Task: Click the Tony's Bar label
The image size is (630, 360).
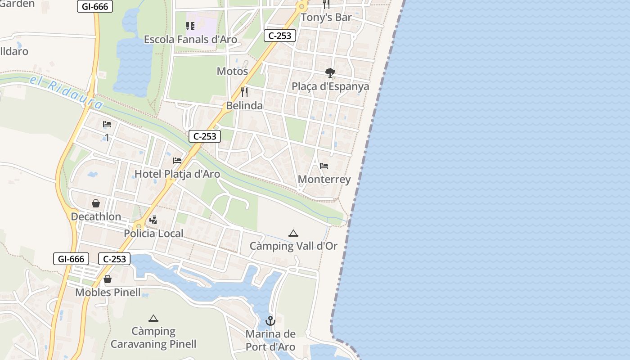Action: coord(326,18)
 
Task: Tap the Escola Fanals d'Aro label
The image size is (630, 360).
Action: coord(190,40)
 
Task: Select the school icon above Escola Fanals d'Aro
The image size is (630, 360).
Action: coord(190,26)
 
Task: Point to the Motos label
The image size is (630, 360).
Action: coord(232,71)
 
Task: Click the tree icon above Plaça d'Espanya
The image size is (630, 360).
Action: coord(330,73)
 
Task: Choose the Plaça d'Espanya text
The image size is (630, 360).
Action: coord(330,86)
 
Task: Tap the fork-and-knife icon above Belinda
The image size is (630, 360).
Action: coord(244,92)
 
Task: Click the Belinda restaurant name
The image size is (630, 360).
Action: coord(244,106)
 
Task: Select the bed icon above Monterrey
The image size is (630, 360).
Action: coord(324,166)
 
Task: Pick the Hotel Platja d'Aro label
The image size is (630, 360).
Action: coord(177,174)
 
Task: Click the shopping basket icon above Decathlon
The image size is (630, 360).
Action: coord(96,203)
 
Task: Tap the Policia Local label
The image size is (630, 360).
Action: coord(153,234)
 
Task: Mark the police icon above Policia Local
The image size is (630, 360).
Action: coord(153,220)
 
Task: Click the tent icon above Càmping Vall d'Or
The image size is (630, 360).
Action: coord(293,233)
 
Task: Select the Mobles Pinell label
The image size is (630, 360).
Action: coord(108,292)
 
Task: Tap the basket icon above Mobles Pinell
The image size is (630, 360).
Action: coord(108,279)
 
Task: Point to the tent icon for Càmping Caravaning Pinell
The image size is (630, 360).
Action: coord(153,318)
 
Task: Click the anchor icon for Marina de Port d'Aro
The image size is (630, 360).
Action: coord(270,321)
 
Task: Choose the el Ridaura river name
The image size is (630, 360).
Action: coord(67,93)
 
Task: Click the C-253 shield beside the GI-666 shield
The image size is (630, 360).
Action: coord(114,259)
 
